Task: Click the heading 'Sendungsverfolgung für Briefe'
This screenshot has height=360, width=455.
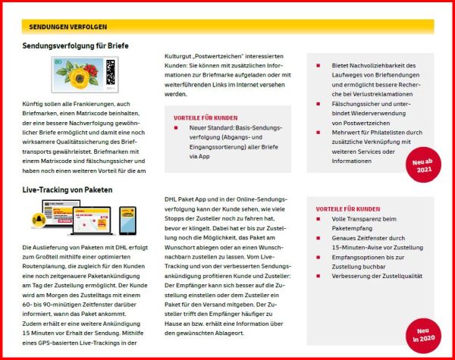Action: [x=75, y=46]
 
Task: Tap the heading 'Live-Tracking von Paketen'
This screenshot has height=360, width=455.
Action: [x=68, y=189]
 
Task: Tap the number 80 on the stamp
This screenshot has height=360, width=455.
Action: [x=58, y=60]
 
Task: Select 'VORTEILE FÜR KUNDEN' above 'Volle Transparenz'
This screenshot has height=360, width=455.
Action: [x=348, y=209]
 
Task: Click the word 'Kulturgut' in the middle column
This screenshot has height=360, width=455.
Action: [x=179, y=55]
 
